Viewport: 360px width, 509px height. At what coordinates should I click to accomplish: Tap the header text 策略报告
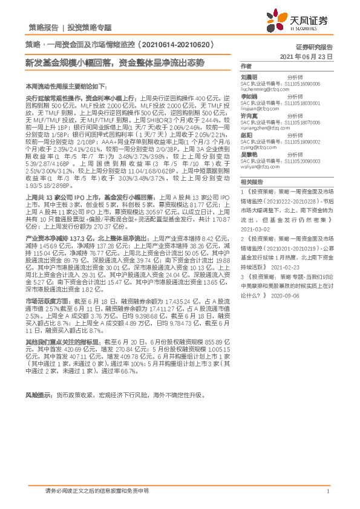tap(43, 27)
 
